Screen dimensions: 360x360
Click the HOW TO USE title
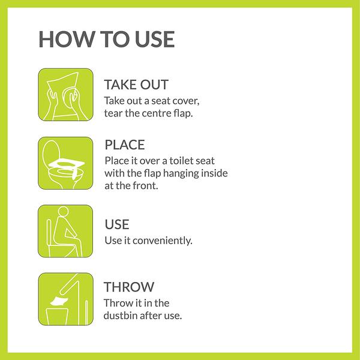[107, 39]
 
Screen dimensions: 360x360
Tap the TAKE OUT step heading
[136, 85]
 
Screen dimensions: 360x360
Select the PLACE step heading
[125, 145]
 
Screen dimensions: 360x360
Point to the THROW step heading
[129, 287]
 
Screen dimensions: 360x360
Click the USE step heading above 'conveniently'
[117, 224]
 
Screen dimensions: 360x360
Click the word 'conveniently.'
[163, 241]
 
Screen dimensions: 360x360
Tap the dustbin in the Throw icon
[57, 317]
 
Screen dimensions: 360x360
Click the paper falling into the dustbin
[59, 301]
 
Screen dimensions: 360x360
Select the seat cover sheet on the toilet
[67, 163]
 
